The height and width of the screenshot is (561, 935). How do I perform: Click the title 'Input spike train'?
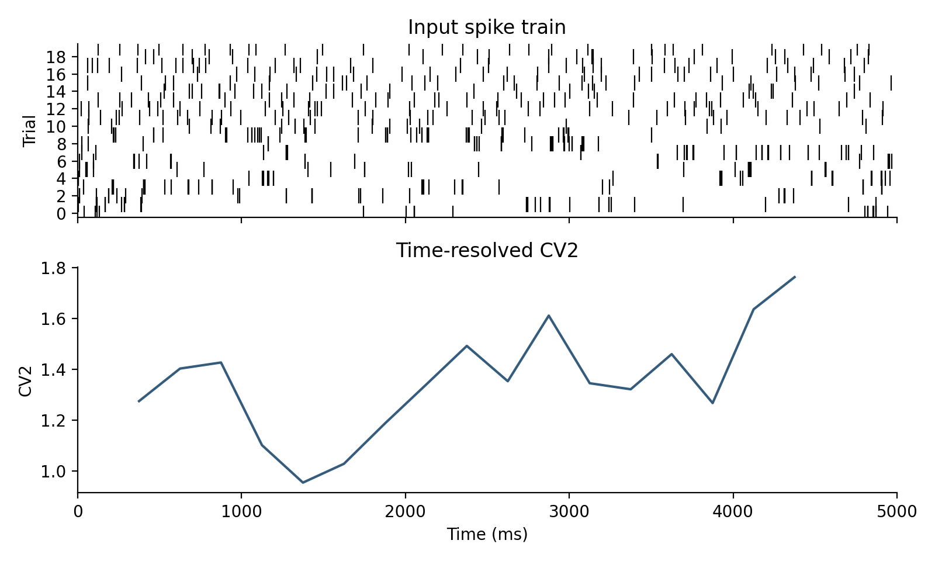486,27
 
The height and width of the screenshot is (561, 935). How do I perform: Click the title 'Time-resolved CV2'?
486,251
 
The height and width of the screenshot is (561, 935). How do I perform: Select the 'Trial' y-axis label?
29,131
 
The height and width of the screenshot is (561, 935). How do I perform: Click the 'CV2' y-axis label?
25,380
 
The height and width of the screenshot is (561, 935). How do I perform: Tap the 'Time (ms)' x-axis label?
487,534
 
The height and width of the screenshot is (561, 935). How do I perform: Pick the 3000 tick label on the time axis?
569,511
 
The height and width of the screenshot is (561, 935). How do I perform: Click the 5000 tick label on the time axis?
896,511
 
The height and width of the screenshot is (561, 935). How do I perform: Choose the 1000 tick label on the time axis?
241,511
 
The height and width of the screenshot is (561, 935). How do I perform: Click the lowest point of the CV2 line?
303,482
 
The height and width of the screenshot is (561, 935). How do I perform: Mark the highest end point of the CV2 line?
795,277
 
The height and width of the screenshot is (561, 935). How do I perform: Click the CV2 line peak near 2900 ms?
549,316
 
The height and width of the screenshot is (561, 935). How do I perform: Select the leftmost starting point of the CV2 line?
138,401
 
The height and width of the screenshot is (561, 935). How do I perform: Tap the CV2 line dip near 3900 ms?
713,403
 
